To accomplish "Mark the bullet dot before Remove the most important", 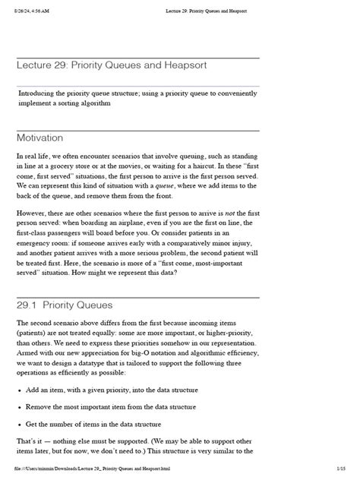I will click(x=20, y=406).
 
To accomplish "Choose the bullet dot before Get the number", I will click(x=20, y=424).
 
